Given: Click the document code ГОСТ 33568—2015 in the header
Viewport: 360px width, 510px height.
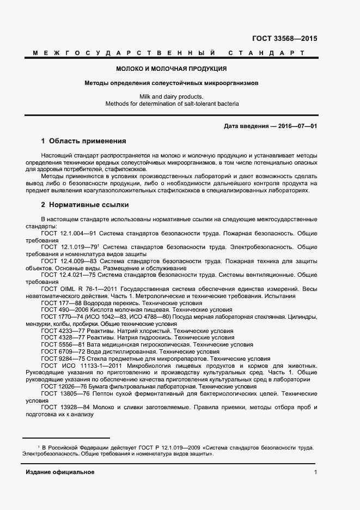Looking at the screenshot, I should pos(284,39).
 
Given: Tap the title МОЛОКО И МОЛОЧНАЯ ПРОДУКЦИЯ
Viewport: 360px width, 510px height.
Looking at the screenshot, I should pos(171,69).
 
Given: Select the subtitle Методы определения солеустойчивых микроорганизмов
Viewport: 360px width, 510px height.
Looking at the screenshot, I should pos(171,84).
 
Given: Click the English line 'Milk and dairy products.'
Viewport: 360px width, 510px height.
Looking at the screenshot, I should pos(171,96).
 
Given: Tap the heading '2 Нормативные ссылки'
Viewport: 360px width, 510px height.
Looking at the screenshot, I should pos(85,205).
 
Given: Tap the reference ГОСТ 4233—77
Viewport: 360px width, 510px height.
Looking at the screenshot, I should pos(61,331).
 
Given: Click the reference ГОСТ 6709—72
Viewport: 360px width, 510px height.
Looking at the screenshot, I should pos(61,352).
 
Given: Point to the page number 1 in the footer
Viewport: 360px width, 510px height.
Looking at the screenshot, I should pos(315,472).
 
